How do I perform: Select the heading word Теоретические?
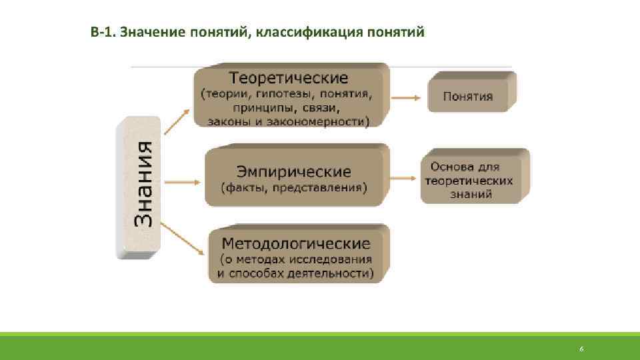288,79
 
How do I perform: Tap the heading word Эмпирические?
293,171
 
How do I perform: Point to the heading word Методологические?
296,242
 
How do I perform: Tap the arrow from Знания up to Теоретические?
177,123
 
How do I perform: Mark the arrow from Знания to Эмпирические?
181,181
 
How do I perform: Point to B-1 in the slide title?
102,32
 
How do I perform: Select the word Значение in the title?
150,32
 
